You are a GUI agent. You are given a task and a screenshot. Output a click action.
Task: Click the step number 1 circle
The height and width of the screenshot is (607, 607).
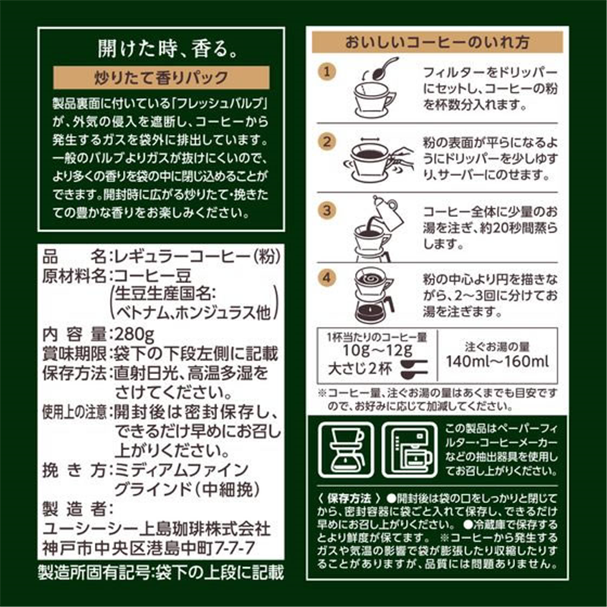coord(326,72)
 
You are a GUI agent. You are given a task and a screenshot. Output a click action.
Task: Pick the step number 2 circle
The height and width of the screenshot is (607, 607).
coord(326,142)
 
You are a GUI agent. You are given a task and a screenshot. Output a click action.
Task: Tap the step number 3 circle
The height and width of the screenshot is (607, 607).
coord(326,209)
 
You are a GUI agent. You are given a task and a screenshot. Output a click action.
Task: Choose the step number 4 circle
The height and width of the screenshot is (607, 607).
coord(326,277)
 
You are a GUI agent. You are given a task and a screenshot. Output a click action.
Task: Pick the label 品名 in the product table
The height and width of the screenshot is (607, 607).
coord(72,256)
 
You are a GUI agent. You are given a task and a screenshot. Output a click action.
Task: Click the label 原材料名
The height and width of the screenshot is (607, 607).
coord(72,275)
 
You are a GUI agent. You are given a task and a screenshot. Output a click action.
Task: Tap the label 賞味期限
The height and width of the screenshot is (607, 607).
coord(72,354)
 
